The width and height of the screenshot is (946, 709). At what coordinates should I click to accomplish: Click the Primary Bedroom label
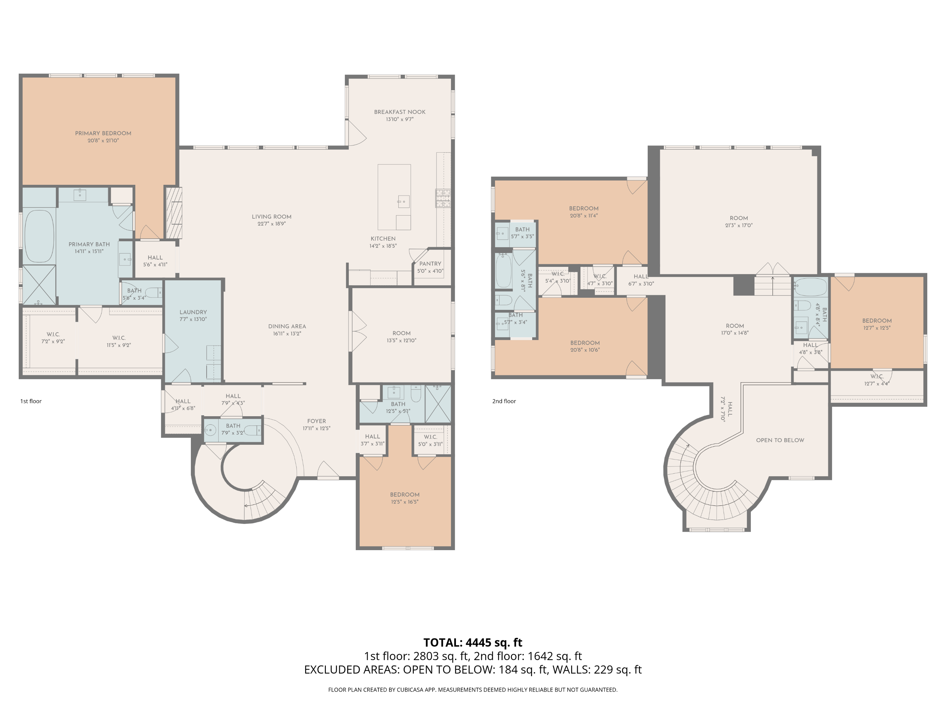point(103,133)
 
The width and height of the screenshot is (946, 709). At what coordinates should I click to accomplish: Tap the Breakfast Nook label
point(400,112)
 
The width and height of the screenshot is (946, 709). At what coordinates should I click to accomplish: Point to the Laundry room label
point(193,312)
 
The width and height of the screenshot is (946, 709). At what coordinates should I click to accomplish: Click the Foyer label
point(316,421)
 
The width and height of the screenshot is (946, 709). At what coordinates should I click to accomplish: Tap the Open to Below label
point(780,440)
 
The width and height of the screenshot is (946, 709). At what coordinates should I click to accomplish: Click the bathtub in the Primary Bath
point(39,235)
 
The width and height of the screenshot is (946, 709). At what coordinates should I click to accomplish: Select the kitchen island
point(394,197)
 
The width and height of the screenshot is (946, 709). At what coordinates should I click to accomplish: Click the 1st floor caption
point(31,401)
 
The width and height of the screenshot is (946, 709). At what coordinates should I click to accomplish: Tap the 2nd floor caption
point(504,401)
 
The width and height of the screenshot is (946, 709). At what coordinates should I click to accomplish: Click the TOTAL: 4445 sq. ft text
point(473,642)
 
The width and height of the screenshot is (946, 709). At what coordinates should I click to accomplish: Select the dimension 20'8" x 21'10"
point(103,140)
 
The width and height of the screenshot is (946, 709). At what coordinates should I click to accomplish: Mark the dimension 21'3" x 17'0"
point(739,225)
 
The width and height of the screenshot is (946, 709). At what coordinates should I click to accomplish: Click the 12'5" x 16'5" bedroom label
point(405,498)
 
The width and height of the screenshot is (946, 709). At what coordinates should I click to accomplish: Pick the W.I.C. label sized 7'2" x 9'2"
point(53,338)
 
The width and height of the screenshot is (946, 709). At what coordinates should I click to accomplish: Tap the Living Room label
point(272,217)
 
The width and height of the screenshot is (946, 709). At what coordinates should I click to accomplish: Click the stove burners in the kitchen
point(443,198)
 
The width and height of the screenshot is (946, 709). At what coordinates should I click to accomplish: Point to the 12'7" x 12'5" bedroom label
point(877,324)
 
